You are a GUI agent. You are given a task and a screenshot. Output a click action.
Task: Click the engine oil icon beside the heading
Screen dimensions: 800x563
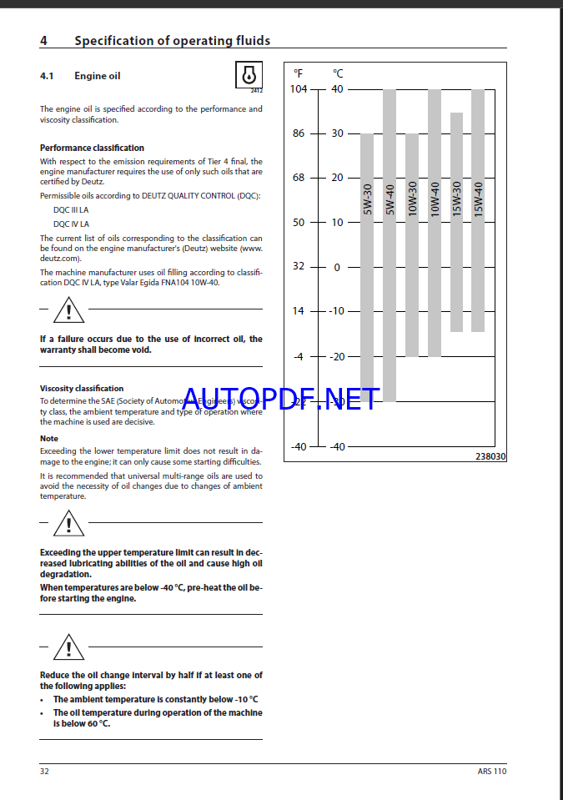pos(249,75)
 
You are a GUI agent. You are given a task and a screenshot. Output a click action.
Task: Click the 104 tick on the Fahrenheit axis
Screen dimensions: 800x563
pos(298,89)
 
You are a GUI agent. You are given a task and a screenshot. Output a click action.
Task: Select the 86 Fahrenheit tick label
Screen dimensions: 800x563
pos(298,133)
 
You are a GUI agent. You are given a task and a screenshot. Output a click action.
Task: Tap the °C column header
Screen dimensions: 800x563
pos(338,73)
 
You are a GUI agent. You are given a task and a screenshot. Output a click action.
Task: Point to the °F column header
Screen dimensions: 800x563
pos(299,73)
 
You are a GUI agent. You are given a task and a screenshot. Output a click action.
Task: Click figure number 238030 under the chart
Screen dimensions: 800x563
pos(490,456)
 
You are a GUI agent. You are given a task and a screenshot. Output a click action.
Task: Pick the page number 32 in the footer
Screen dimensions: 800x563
pos(45,772)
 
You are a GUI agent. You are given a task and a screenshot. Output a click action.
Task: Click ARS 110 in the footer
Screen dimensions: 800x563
pos(492,772)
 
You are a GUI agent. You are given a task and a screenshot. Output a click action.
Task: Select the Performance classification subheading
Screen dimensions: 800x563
pos(92,148)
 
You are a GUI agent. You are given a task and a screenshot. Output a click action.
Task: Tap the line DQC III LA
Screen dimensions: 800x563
pos(71,210)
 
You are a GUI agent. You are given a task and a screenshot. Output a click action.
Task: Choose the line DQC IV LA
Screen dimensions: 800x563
pos(71,224)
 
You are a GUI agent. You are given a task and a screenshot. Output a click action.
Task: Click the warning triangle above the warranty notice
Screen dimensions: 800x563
pos(63,313)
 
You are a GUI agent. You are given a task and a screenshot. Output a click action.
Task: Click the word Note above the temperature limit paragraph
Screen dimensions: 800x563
pos(49,438)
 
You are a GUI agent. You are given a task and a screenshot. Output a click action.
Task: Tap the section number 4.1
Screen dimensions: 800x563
pos(47,76)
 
